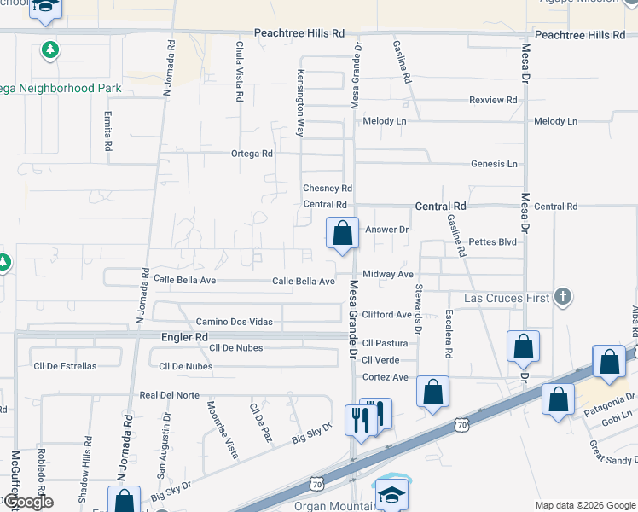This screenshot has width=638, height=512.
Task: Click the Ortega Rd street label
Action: (x=252, y=154)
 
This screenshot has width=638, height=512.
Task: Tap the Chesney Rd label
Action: (x=328, y=188)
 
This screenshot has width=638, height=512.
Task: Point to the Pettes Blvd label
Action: (x=493, y=242)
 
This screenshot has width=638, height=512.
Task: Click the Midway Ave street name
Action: (x=387, y=274)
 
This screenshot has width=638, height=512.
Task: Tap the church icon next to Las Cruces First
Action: (x=562, y=298)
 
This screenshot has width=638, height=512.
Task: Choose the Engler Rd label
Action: (x=184, y=337)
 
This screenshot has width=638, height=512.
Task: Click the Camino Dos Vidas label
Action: (x=234, y=321)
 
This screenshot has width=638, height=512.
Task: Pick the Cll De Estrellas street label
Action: (x=65, y=366)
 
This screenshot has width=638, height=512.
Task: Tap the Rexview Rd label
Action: (x=493, y=100)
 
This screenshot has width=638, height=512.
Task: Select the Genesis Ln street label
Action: (x=494, y=163)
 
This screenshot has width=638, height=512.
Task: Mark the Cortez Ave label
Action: (x=385, y=377)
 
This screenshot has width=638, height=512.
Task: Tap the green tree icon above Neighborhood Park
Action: (x=51, y=50)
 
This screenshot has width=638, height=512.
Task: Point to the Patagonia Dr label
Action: (x=609, y=400)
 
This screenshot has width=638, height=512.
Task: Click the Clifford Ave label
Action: (x=386, y=315)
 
